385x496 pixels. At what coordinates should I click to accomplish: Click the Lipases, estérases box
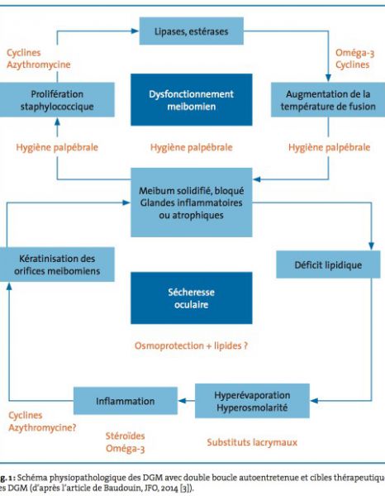click(192, 31)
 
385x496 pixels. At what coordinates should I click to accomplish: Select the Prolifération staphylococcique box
click(57, 100)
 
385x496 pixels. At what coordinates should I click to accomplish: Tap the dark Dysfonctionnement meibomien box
click(192, 100)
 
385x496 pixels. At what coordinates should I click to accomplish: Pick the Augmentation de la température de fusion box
click(328, 100)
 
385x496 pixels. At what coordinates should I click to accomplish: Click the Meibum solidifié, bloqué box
click(192, 203)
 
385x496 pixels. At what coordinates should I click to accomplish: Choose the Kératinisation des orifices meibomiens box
click(57, 265)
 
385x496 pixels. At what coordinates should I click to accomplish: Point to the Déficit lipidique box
click(328, 265)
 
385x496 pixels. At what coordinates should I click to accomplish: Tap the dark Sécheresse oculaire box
click(192, 298)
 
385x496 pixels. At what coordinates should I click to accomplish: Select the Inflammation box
click(126, 401)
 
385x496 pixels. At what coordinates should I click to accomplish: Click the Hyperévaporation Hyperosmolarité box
click(252, 401)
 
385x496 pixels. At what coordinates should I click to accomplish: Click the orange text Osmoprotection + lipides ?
click(191, 346)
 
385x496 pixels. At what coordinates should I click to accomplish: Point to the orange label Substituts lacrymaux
click(252, 442)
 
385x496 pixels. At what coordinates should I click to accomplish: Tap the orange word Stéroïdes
click(126, 436)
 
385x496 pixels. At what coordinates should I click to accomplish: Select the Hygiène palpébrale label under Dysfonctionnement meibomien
click(191, 147)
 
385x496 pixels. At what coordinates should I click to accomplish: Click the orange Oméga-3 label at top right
click(354, 53)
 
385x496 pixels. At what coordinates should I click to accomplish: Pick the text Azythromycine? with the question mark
click(42, 427)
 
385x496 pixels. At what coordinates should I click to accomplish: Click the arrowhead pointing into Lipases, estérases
click(135, 31)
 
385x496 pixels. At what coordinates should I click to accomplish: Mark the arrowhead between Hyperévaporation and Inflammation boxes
click(183, 401)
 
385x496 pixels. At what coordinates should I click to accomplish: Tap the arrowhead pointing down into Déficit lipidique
click(372, 246)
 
